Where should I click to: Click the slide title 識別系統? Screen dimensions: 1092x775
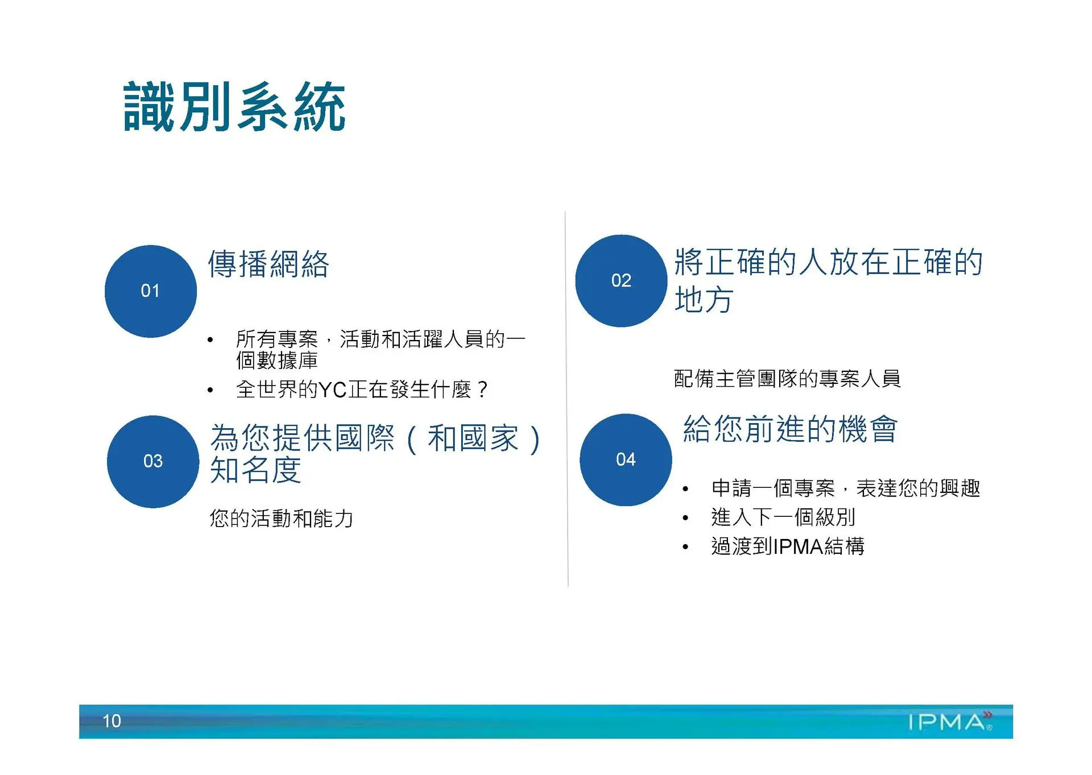pyautogui.click(x=234, y=107)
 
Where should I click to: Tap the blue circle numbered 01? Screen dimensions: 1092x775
pyautogui.click(x=151, y=291)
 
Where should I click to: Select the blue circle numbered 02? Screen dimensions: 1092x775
pyautogui.click(x=621, y=281)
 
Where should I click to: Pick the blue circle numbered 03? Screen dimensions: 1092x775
pyautogui.click(x=153, y=461)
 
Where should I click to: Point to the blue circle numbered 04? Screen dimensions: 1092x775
pyautogui.click(x=626, y=459)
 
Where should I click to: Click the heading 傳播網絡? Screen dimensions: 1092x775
pyautogui.click(x=268, y=264)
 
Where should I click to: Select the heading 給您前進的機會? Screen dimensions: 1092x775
pyautogui.click(x=791, y=429)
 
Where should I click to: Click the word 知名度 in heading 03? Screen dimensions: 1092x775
pyautogui.click(x=256, y=470)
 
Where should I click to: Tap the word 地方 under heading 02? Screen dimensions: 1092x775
pyautogui.click(x=704, y=300)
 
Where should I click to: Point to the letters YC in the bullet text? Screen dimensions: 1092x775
pyautogui.click(x=333, y=389)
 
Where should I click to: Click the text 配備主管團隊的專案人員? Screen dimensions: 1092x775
pyautogui.click(x=787, y=378)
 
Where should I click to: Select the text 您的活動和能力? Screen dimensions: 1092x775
pyautogui.click(x=282, y=518)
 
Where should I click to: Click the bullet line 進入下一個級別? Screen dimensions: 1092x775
pyautogui.click(x=783, y=517)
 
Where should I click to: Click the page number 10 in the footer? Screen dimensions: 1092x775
pyautogui.click(x=111, y=721)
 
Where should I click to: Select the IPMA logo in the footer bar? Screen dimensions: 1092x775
pyautogui.click(x=950, y=721)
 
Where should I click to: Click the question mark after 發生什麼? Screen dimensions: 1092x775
pyautogui.click(x=482, y=389)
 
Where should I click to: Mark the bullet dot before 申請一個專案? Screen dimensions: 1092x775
pyautogui.click(x=686, y=489)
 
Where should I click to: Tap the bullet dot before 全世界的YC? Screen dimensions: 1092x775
pyautogui.click(x=210, y=391)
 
